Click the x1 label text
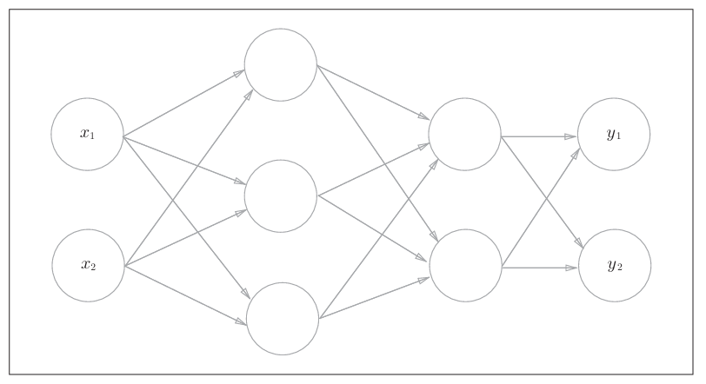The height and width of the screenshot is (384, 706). pos(87,134)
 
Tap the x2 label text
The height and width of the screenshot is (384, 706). pos(88,265)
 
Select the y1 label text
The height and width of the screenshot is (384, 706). pos(614,134)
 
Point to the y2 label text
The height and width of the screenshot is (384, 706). pos(615,265)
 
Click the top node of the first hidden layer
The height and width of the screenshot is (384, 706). pos(280,65)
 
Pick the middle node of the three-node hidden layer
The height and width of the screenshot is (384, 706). pos(280,196)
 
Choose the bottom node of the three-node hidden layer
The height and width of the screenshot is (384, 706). pos(283,319)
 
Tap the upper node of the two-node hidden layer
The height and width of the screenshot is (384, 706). pos(464,135)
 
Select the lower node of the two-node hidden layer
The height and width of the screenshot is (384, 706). pos(465,266)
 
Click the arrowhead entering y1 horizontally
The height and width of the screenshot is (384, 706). pos(570,136)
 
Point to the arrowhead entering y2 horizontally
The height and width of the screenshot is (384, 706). pos(570,268)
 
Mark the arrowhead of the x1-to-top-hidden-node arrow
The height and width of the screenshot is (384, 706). pos(239,74)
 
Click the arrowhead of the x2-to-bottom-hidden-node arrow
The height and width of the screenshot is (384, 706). pos(241,324)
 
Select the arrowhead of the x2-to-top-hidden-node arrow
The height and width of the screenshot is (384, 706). pos(249,94)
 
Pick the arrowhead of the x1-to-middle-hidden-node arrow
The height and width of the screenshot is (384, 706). pos(239,182)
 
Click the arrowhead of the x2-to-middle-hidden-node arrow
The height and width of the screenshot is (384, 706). pos(240,211)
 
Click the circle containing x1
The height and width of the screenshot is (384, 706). pos(87,113)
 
